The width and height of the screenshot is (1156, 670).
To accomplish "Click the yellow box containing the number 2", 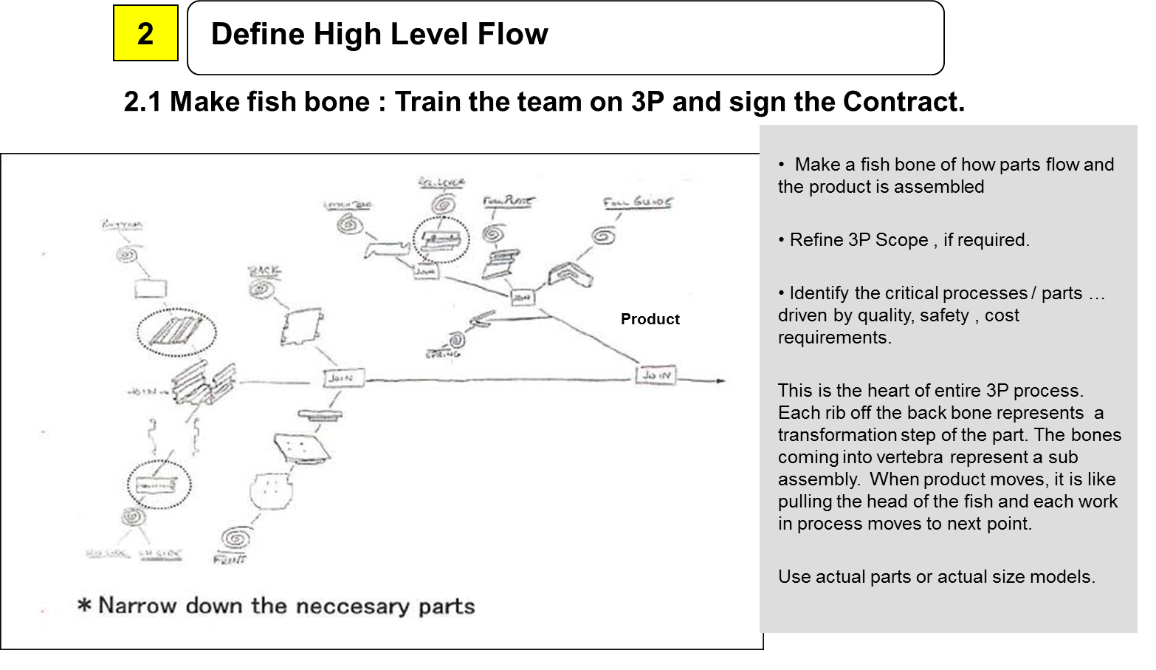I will (x=145, y=33).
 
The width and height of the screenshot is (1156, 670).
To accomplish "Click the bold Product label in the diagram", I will (x=650, y=319).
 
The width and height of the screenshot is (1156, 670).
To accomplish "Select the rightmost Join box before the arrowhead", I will (x=656, y=375).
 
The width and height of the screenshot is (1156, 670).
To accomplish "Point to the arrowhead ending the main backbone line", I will (x=720, y=380).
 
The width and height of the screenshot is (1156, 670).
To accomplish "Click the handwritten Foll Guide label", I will (x=638, y=202).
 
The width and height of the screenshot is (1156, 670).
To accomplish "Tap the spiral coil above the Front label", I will (x=236, y=537).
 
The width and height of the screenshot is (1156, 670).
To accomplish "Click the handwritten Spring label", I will (x=442, y=354).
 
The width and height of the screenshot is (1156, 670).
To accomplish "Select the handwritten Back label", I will (x=264, y=271).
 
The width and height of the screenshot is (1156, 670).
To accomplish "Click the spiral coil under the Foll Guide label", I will (x=604, y=236).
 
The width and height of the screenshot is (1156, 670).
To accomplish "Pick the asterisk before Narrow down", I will (x=85, y=606).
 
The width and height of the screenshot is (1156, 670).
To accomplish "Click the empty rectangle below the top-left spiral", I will (x=150, y=288).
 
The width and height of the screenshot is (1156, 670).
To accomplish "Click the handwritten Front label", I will (x=229, y=560).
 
